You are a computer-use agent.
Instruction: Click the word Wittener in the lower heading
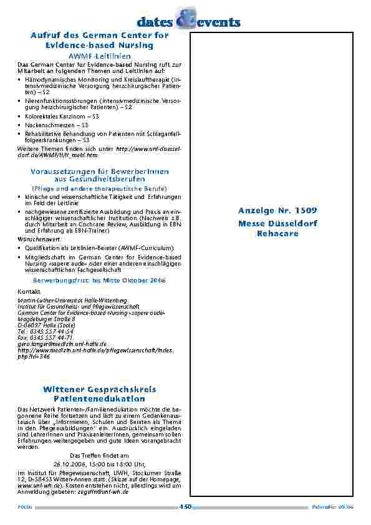[65, 389]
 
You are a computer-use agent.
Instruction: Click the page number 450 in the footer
[185, 507]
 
